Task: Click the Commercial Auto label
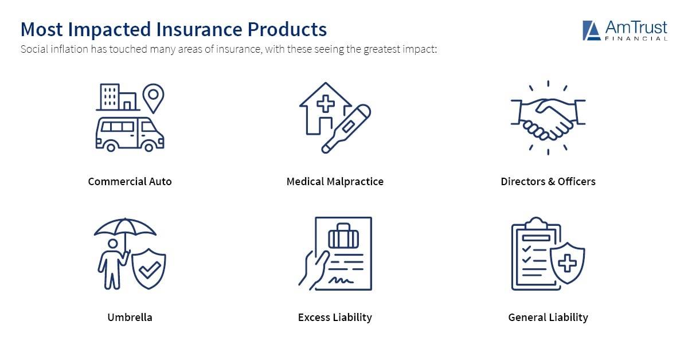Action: (x=130, y=182)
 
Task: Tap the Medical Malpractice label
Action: (x=335, y=182)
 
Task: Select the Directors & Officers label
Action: (x=548, y=182)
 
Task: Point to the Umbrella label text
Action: (x=130, y=317)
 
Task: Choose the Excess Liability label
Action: (x=335, y=317)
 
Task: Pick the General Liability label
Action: (x=548, y=317)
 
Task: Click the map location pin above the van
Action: (x=153, y=97)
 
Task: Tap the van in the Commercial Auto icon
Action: (x=129, y=133)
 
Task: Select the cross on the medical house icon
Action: (x=326, y=104)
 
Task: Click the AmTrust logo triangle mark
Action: (x=591, y=30)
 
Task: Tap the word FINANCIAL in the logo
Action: (x=636, y=38)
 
